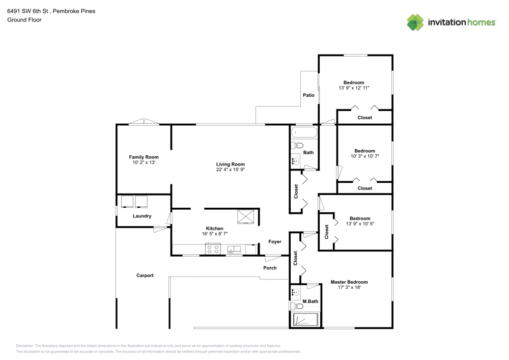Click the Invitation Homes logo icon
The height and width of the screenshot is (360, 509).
(x=415, y=22)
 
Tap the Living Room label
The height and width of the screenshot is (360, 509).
(x=231, y=164)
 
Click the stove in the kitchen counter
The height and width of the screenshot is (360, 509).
(x=212, y=250)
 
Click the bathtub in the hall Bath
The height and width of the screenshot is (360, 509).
(x=304, y=133)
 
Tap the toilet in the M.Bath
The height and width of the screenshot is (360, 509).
(x=295, y=306)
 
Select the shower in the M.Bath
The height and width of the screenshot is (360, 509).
(x=304, y=320)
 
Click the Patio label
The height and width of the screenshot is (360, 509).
(x=308, y=95)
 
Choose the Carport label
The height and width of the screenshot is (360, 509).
(x=145, y=275)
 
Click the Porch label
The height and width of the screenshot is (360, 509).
(x=270, y=268)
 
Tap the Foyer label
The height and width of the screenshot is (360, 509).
(x=275, y=242)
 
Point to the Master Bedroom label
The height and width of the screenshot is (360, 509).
(x=349, y=282)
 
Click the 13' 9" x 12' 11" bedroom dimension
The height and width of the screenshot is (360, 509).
(x=354, y=88)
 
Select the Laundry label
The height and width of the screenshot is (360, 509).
(x=142, y=216)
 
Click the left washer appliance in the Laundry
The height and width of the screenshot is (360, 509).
(x=127, y=202)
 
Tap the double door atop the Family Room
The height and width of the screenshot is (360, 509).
(x=144, y=122)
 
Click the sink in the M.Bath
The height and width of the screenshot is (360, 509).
(x=295, y=292)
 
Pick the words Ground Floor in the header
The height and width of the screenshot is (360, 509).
(x=24, y=20)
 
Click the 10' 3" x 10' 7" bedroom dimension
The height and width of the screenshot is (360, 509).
(x=365, y=156)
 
